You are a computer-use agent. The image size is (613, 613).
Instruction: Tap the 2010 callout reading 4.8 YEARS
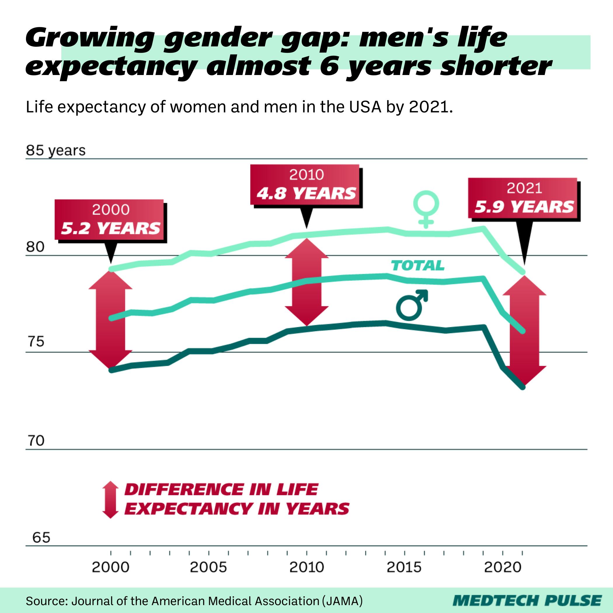click(306, 185)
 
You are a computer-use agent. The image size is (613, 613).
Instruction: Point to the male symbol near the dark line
click(412, 305)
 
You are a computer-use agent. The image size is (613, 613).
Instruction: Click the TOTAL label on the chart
click(417, 266)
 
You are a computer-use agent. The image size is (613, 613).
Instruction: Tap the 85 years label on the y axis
click(56, 150)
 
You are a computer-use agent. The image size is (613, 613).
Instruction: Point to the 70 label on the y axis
click(36, 441)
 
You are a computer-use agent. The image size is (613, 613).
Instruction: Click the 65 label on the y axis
click(41, 537)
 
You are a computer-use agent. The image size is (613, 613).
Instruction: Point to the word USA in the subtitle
click(365, 107)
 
